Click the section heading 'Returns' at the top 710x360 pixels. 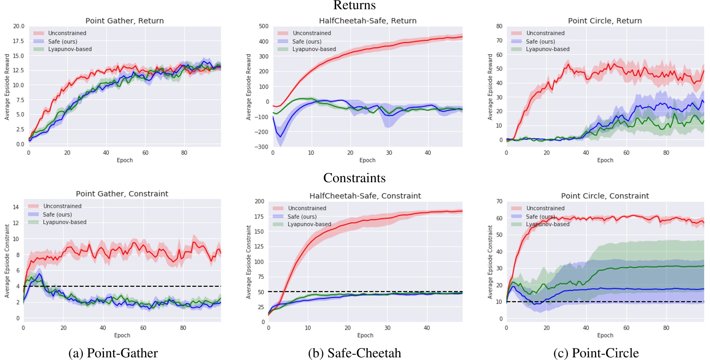pyautogui.click(x=355, y=5)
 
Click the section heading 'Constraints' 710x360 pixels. pyautogui.click(x=354, y=178)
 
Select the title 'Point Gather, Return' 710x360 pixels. pyautogui.click(x=124, y=21)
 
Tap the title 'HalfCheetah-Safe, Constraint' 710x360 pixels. pyautogui.click(x=365, y=196)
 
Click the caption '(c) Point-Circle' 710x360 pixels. pyautogui.click(x=596, y=353)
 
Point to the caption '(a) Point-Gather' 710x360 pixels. pyautogui.click(x=113, y=353)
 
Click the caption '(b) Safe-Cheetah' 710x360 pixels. pyautogui.click(x=355, y=353)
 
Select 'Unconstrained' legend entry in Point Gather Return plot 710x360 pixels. pyautogui.click(x=67, y=33)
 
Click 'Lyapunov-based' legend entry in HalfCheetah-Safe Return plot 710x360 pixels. pyautogui.click(x=314, y=49)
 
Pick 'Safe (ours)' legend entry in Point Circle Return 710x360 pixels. pyautogui.click(x=540, y=41)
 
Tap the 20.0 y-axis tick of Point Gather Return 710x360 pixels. pyautogui.click(x=19, y=26)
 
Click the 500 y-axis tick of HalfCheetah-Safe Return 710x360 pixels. pyautogui.click(x=264, y=26)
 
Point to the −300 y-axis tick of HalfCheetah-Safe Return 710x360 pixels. pyautogui.click(x=262, y=147)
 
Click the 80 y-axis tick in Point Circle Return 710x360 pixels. pyautogui.click(x=499, y=26)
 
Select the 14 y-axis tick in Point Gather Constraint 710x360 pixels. pyautogui.click(x=16, y=207)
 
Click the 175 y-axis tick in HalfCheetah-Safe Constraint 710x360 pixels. pyautogui.click(x=259, y=217)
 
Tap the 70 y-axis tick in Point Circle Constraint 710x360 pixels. pyautogui.click(x=499, y=201)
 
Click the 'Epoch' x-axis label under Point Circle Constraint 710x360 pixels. pyautogui.click(x=605, y=335)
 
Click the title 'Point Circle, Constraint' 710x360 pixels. pyautogui.click(x=605, y=196)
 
